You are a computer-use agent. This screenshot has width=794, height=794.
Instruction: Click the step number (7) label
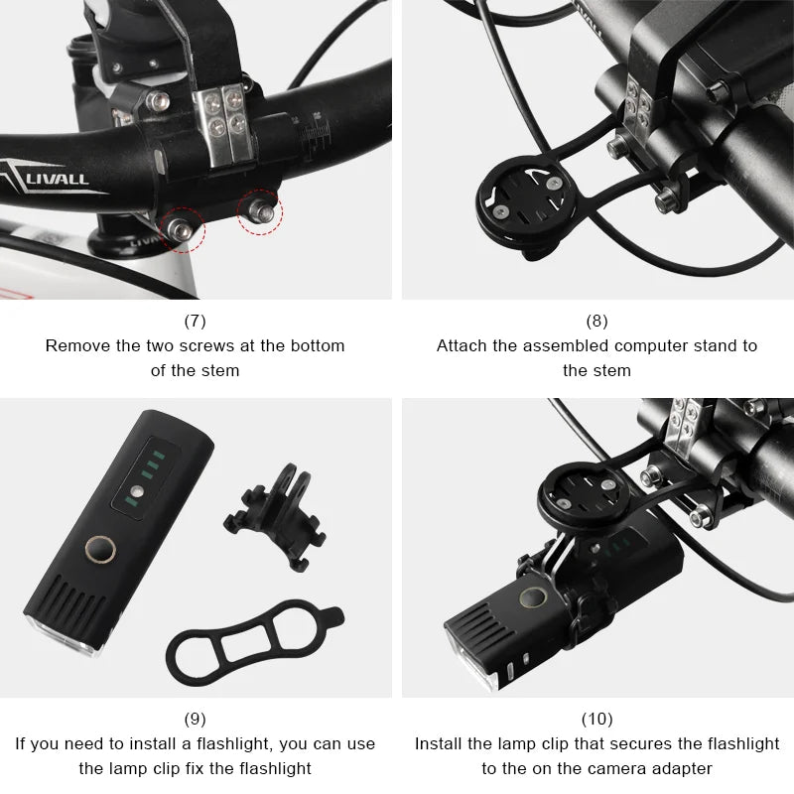(x=196, y=321)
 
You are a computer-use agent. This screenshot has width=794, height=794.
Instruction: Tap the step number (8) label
(x=596, y=321)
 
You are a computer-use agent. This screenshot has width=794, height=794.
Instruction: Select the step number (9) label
(x=196, y=718)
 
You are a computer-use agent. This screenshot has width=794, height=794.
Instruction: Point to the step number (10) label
(x=596, y=718)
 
